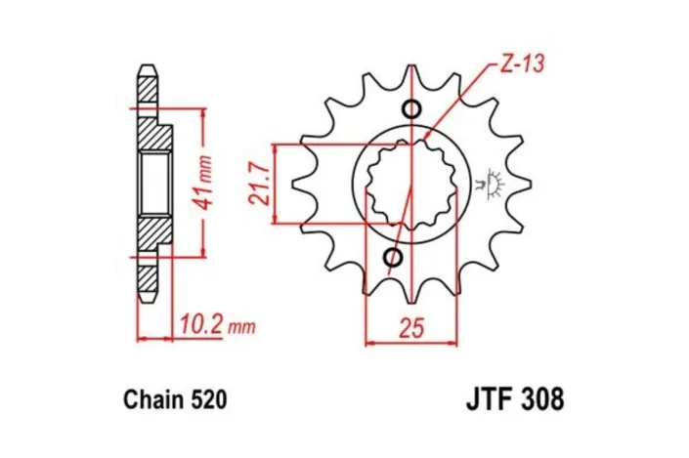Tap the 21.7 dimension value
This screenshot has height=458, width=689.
[260, 183]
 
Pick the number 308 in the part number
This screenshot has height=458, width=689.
[541, 400]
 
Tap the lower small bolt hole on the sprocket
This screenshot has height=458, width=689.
[394, 258]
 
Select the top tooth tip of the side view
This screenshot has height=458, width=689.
[147, 68]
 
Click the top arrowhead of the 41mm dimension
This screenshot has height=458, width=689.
[202, 111]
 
